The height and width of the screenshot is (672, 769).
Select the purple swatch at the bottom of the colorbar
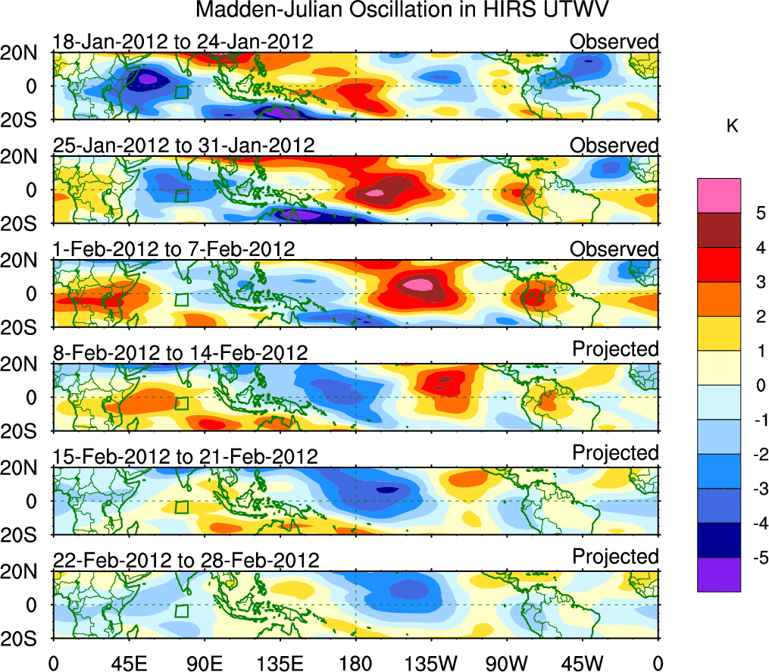click(x=718, y=575)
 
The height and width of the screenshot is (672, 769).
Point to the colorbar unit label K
click(x=732, y=127)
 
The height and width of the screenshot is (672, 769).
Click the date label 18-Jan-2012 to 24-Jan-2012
click(x=183, y=42)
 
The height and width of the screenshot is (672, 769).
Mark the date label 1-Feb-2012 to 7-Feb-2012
click(x=173, y=249)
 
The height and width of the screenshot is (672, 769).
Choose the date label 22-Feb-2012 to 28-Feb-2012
click(x=186, y=561)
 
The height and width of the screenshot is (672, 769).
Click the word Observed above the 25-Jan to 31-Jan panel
click(x=614, y=145)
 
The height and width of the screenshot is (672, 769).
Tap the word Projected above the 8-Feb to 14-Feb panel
click(x=615, y=349)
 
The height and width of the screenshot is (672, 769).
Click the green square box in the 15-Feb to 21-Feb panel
click(x=181, y=508)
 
